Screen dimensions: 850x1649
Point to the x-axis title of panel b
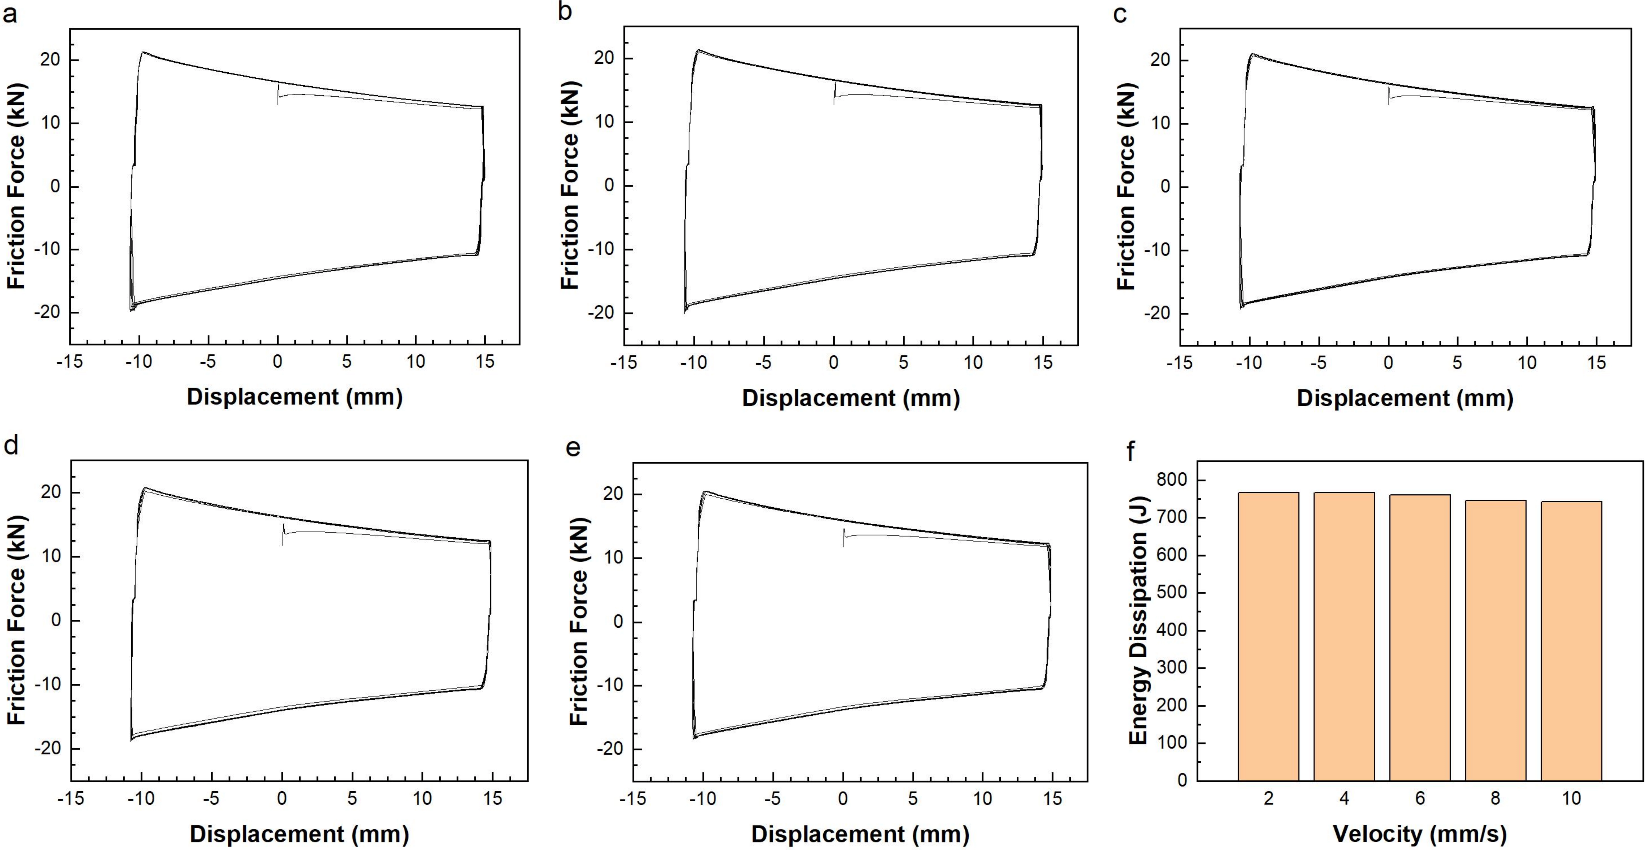tap(851, 398)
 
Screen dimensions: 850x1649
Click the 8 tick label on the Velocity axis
tap(1495, 798)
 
